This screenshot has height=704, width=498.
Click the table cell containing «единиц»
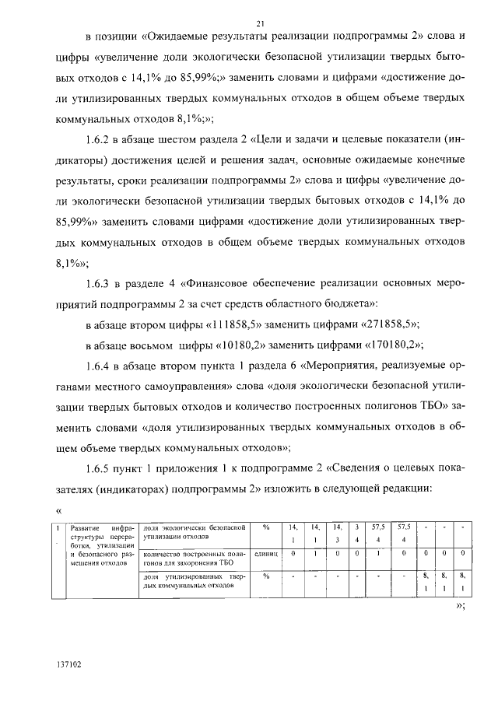click(x=266, y=553)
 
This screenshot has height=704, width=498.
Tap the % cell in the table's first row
click(x=266, y=527)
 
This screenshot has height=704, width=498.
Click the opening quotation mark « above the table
click(x=59, y=510)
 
